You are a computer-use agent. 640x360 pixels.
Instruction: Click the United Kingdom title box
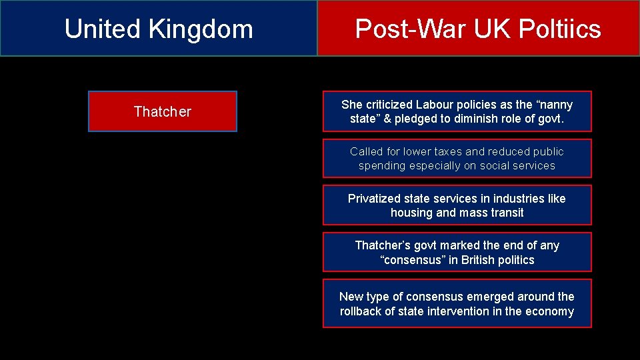pyautogui.click(x=159, y=28)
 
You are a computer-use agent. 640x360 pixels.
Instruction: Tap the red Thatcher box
pyautogui.click(x=162, y=111)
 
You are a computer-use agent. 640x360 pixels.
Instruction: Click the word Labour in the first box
pyautogui.click(x=436, y=105)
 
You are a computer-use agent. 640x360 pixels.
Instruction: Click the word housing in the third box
pyautogui.click(x=411, y=213)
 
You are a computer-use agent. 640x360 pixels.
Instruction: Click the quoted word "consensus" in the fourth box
pyautogui.click(x=413, y=261)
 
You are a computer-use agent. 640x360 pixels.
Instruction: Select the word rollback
pyautogui.click(x=363, y=312)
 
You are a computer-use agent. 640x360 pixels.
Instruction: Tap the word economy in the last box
pyautogui.click(x=551, y=312)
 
